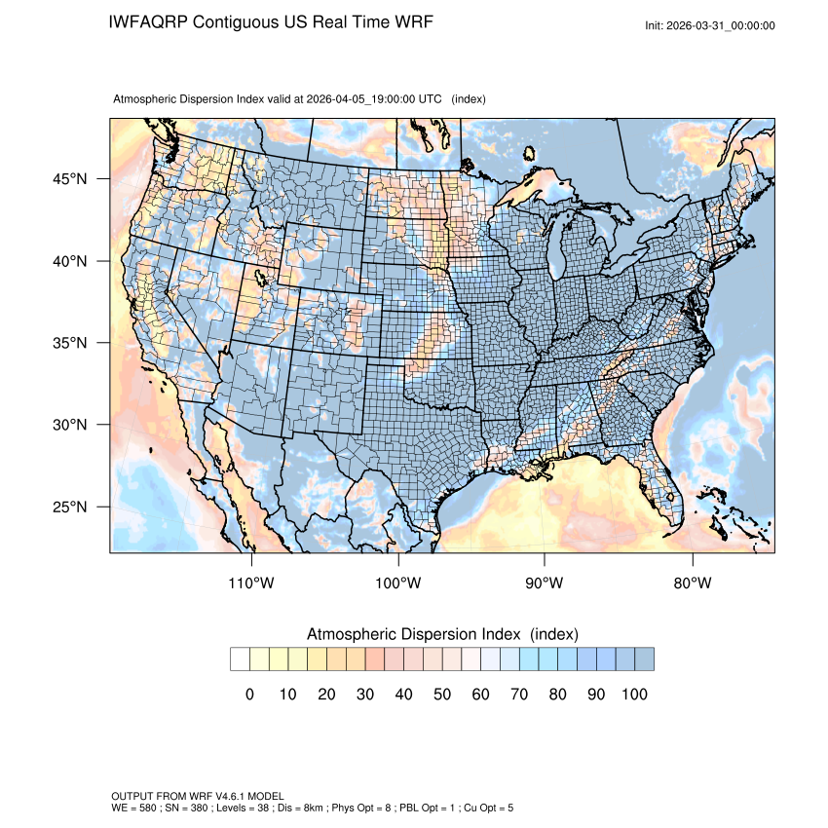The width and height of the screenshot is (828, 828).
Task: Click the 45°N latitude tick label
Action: point(69,179)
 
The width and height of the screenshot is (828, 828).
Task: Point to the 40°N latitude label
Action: point(69,261)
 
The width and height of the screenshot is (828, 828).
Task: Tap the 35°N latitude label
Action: point(69,343)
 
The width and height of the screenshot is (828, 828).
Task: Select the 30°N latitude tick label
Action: point(69,425)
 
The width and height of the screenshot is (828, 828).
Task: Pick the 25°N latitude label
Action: point(69,507)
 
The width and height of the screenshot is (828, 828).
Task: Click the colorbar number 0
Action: point(249,694)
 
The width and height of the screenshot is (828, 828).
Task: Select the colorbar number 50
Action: point(442,694)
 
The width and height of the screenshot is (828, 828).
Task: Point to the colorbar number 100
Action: point(634,694)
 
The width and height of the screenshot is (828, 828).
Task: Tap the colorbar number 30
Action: point(365,694)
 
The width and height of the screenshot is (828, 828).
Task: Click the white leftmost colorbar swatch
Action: point(240,659)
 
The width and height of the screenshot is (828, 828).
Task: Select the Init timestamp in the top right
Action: point(710,25)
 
